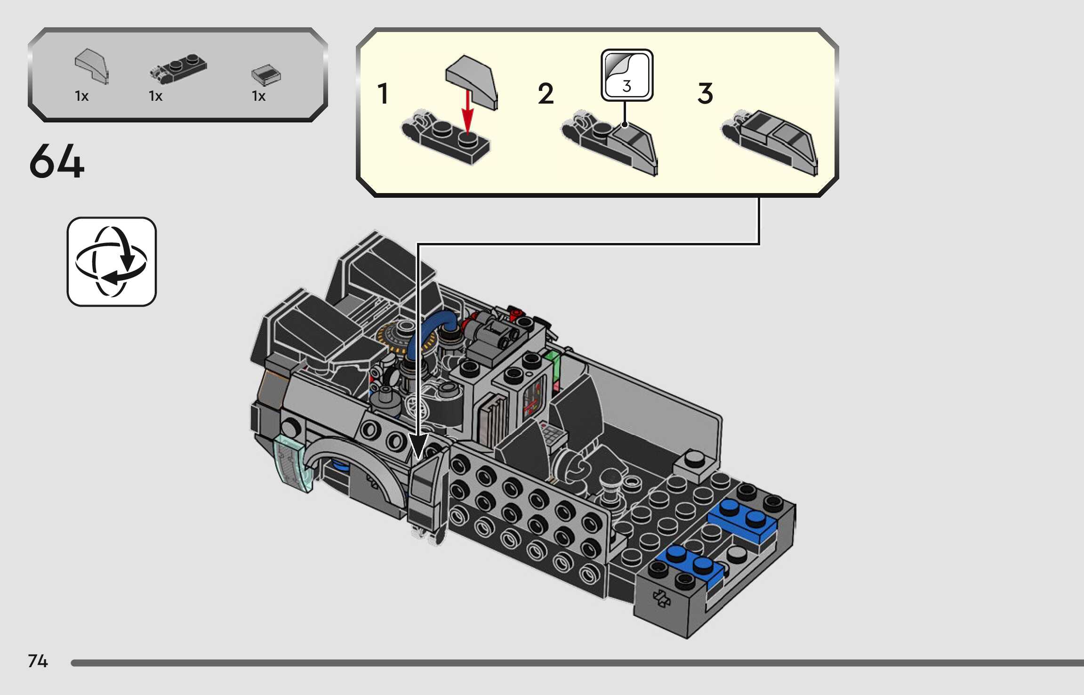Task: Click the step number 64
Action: (x=56, y=162)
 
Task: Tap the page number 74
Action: (x=38, y=661)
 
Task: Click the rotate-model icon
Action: (x=112, y=262)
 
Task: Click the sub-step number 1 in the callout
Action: (x=383, y=94)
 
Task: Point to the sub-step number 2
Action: (x=546, y=94)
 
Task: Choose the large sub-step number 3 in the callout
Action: (x=705, y=94)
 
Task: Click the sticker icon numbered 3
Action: (x=627, y=75)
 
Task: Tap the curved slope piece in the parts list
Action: (x=91, y=66)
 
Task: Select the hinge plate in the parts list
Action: (x=178, y=68)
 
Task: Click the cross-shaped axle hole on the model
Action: (x=661, y=598)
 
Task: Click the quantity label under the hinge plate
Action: (x=156, y=97)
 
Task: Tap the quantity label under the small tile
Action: (x=259, y=97)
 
